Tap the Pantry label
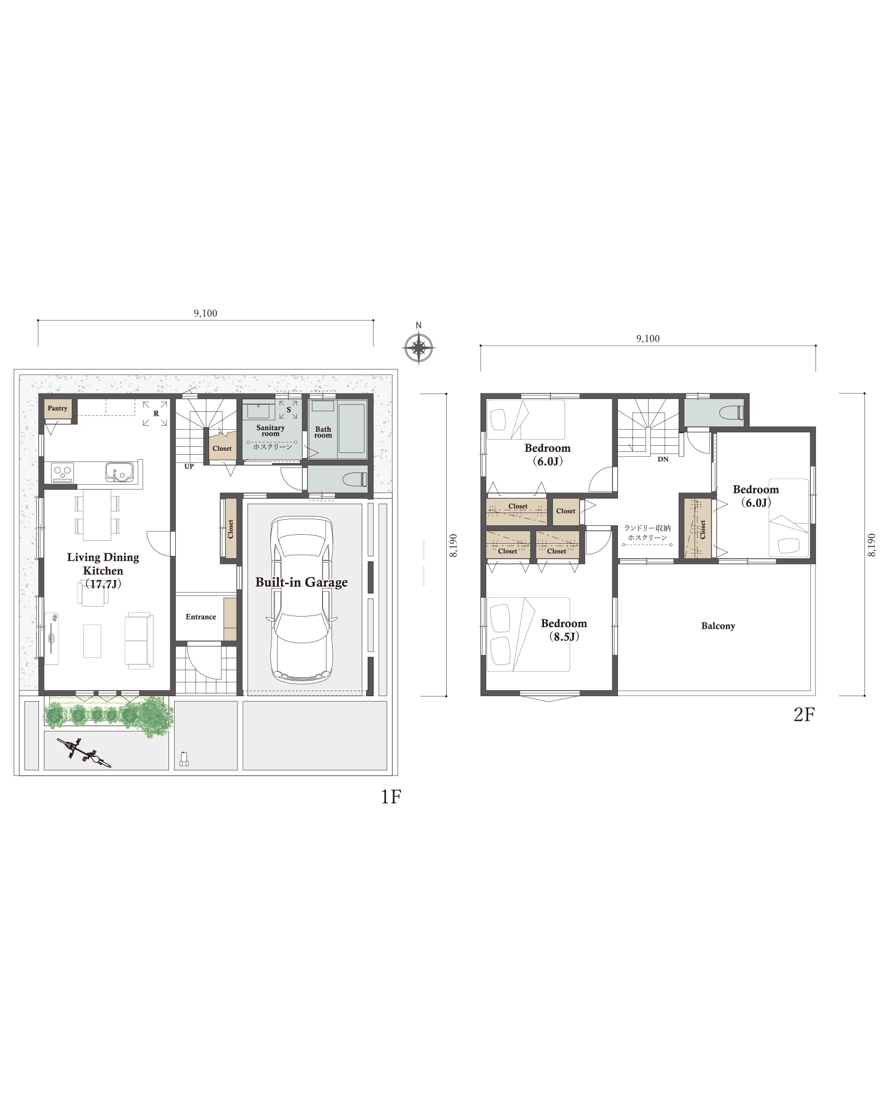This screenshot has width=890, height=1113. pyautogui.click(x=57, y=408)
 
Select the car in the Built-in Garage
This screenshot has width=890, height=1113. pyautogui.click(x=302, y=600)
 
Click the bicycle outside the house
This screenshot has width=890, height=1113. pyautogui.click(x=84, y=752)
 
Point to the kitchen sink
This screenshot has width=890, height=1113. pyautogui.click(x=120, y=472)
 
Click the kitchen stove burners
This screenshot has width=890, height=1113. pyautogui.click(x=62, y=473)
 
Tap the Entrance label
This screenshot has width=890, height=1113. pyautogui.click(x=201, y=617)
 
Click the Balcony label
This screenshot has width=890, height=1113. pyautogui.click(x=718, y=626)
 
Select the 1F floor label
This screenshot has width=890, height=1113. pyautogui.click(x=391, y=797)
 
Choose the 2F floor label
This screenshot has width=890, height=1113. pyautogui.click(x=804, y=715)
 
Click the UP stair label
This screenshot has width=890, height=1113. pyautogui.click(x=189, y=466)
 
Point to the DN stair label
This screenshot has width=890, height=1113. pyautogui.click(x=663, y=459)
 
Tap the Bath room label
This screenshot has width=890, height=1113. pyautogui.click(x=323, y=432)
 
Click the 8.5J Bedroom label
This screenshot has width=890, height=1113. pyautogui.click(x=564, y=630)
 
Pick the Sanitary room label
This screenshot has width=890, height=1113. pyautogui.click(x=270, y=430)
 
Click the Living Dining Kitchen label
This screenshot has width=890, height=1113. pyautogui.click(x=103, y=570)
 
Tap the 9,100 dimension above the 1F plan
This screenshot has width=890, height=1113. pyautogui.click(x=205, y=313)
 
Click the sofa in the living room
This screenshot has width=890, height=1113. pyautogui.click(x=139, y=640)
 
